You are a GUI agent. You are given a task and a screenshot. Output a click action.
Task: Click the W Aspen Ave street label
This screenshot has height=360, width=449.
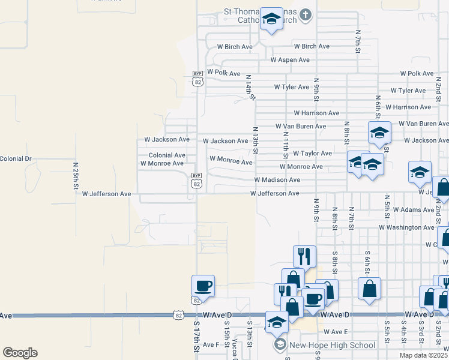tap(290, 60)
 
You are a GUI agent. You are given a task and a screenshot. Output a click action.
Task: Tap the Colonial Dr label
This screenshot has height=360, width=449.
tap(16, 158)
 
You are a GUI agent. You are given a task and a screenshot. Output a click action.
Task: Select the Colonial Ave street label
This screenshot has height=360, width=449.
tap(167, 155)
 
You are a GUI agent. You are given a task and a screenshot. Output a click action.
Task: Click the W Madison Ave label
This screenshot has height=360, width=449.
tap(277, 180)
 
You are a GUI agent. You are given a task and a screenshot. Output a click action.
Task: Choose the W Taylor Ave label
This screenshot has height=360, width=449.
tap(312, 154)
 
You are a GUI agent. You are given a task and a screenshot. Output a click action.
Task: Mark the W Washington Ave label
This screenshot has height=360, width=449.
tap(406, 227)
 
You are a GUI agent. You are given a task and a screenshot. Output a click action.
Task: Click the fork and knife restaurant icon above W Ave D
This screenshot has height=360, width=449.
tap(304, 256)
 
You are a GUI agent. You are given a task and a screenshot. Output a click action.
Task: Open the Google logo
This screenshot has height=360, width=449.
tap(20, 353)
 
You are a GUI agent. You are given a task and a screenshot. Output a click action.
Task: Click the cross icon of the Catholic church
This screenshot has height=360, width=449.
tap(306, 14)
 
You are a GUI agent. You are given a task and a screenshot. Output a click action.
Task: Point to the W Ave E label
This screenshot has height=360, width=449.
tap(336, 332)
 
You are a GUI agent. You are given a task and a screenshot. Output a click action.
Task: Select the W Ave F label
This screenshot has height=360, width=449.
tap(211, 345)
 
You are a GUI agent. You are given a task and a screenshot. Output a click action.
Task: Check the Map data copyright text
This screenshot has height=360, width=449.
tap(423, 355)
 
